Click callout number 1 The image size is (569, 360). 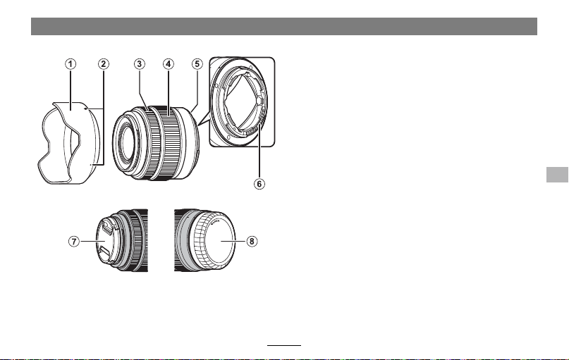coord(71,64)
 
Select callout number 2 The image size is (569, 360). coord(104,64)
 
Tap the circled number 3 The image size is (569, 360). coord(140,64)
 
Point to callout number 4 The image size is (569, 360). coord(168,64)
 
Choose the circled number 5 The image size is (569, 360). coord(197,64)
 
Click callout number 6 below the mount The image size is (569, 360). coord(259,184)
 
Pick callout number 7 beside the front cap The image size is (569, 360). coord(74,241)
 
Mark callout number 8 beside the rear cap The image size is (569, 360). coord(252,241)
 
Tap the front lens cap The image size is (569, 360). coord(105,241)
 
